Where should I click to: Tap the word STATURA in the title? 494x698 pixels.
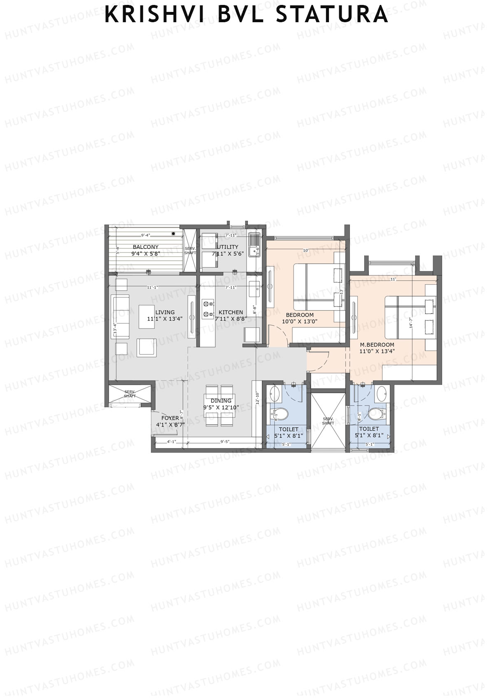coord(331,15)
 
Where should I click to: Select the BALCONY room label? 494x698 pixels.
coord(145,247)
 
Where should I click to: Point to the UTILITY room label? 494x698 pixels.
coord(228,247)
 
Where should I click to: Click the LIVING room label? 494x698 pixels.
coord(165,312)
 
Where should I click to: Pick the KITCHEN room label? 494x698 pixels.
coord(231,312)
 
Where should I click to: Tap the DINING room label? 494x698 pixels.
coord(221,401)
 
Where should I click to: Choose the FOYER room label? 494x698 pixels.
coord(170,418)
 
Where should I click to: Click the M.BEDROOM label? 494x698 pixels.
coord(377,345)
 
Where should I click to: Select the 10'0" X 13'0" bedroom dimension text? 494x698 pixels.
coord(299,322)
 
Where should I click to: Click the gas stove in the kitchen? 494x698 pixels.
coord(208,309)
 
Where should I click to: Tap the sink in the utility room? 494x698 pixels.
coord(254,239)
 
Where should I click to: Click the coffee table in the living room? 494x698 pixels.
coord(147,316)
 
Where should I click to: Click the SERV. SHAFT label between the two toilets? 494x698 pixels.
coord(328,421)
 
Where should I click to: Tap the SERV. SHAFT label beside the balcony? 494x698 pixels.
coord(190,251)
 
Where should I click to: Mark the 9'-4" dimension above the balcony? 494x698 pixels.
coord(145,236)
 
